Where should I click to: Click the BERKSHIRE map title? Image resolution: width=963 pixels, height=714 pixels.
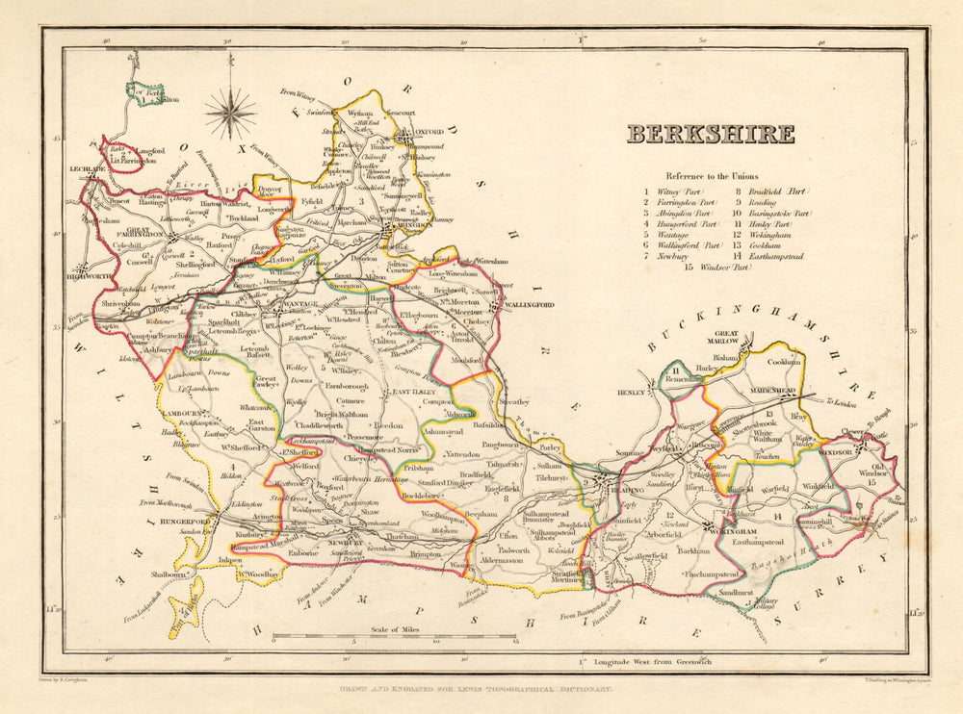(x=711, y=134)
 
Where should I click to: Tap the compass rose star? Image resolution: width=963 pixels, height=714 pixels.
(x=230, y=113)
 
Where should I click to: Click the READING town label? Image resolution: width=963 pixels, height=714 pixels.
(x=604, y=490)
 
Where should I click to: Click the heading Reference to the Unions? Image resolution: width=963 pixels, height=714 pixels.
(x=710, y=176)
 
